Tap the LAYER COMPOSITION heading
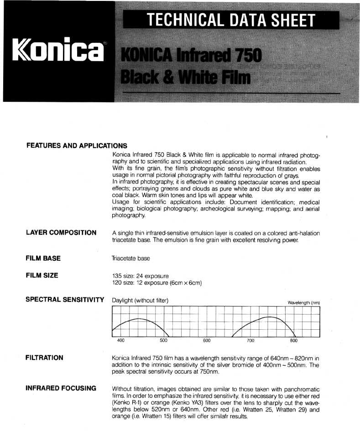[61, 232]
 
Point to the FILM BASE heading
[43, 258]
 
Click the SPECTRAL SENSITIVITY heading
[65, 300]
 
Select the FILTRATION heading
[45, 358]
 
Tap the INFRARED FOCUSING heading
[61, 389]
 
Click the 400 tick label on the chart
[121, 341]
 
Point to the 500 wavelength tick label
[164, 341]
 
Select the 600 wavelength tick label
[207, 341]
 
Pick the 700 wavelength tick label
[250, 341]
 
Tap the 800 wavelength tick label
[293, 341]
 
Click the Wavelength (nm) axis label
[303, 303]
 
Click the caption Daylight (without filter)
[140, 300]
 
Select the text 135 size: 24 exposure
[141, 276]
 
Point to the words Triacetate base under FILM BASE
[131, 258]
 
